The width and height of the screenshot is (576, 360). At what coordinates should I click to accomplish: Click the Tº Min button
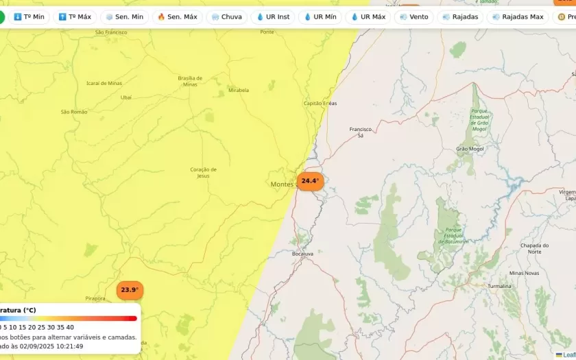29,16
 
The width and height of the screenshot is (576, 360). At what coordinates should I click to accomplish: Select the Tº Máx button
74,16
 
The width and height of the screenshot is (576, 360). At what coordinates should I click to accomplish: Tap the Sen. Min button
124,16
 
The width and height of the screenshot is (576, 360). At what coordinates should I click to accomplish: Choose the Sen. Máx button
177,16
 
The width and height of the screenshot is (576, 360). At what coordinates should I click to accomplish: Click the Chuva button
226,16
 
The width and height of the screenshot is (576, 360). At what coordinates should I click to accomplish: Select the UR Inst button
272,16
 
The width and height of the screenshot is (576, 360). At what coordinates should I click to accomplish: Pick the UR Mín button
320,16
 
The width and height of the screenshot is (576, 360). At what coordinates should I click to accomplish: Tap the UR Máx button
368,16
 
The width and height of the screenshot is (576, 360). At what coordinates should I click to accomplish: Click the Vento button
413,16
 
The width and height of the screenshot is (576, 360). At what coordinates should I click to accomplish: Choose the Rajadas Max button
517,16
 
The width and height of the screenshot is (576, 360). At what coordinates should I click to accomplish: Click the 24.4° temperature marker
310,181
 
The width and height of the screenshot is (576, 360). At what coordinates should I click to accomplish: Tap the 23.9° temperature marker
130,290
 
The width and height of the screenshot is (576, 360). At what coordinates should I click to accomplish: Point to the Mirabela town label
239,90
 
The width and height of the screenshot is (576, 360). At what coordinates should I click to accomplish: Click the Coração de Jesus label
203,172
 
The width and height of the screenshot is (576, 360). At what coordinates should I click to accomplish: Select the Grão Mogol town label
470,148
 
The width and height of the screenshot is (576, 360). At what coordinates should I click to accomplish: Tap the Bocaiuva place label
302,254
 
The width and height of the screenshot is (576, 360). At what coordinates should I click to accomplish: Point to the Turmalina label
499,286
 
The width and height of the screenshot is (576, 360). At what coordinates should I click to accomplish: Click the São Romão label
74,112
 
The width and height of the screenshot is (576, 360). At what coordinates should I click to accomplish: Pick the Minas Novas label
525,273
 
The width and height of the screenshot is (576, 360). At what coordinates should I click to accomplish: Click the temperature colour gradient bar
69,318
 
